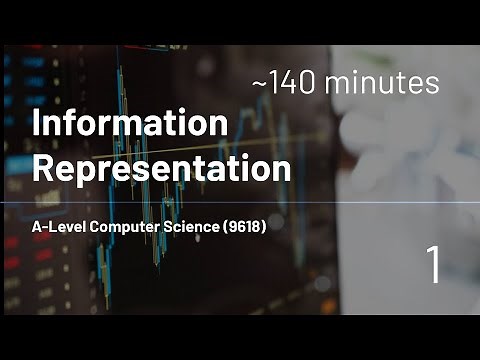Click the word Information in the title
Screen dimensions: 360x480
point(130,125)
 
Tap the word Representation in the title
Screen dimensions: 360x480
point(162,167)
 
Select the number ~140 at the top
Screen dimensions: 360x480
point(291,84)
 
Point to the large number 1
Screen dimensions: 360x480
point(433,266)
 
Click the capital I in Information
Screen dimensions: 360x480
point(37,125)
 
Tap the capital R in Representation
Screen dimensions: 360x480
point(43,166)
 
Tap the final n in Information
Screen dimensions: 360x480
point(220,127)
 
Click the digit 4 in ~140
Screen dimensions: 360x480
point(294,84)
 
